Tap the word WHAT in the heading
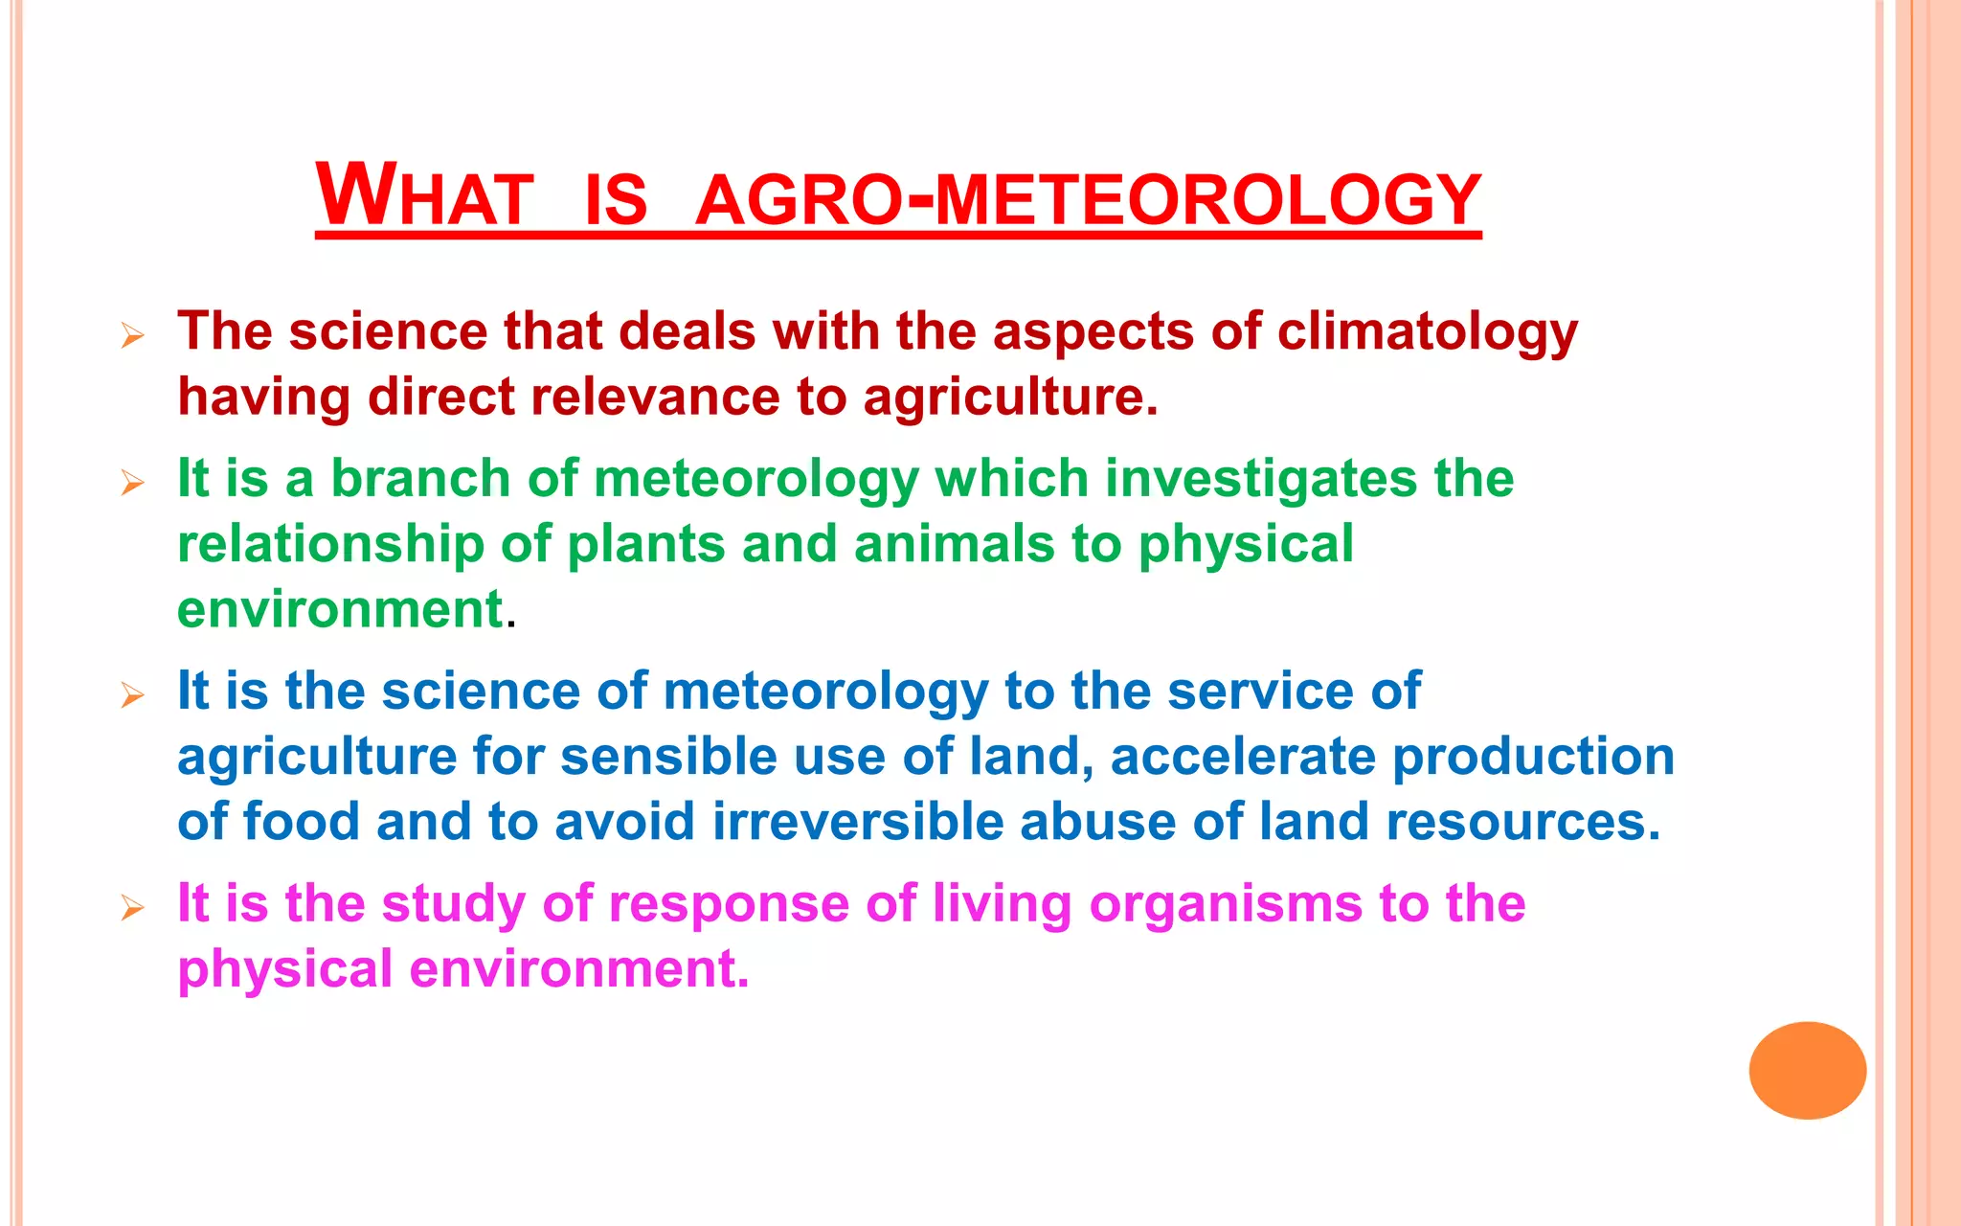pos(424,196)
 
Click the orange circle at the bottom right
pos(1807,1070)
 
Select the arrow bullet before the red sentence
pos(133,336)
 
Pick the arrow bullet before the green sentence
pos(133,483)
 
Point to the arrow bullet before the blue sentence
pos(133,695)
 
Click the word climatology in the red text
pos(1427,332)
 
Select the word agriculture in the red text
pos(1009,397)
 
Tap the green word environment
pos(340,609)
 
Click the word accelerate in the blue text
pos(1242,757)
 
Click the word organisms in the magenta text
pos(1226,904)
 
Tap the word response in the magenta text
pos(729,904)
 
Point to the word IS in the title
pos(616,199)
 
